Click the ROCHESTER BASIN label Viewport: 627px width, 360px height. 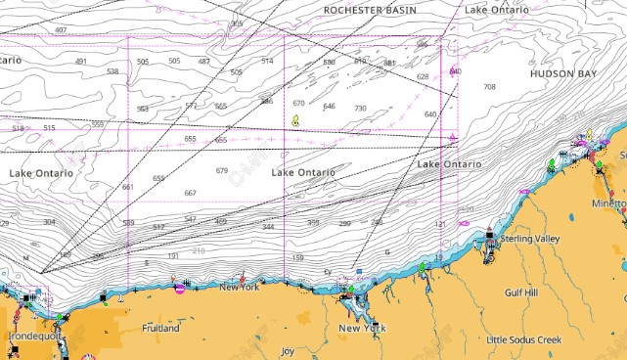tap(370, 9)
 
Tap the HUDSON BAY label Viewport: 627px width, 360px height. tap(563, 73)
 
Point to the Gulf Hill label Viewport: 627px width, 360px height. tap(521, 292)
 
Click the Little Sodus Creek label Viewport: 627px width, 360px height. tap(524, 339)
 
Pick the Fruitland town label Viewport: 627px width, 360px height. tap(160, 328)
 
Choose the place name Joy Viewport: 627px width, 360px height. tap(287, 350)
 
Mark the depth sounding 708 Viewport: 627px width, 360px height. tap(489, 87)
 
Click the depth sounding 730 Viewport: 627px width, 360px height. tap(360, 109)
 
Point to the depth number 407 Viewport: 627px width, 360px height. tap(61, 30)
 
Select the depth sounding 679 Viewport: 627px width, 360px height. tap(222, 171)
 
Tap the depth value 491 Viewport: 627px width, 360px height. tap(81, 62)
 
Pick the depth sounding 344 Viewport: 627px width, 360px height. tap(268, 227)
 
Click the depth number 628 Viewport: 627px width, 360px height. tap(423, 76)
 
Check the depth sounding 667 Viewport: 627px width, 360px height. tap(190, 193)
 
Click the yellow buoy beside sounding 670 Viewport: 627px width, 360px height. tap(295, 121)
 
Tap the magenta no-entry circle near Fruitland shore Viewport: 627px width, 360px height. tap(179, 288)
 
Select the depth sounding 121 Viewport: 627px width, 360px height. tap(439, 224)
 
